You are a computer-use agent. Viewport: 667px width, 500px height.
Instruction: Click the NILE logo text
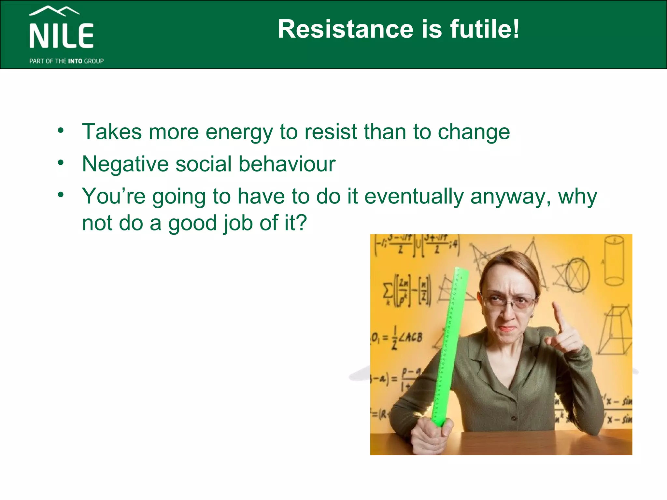(62, 35)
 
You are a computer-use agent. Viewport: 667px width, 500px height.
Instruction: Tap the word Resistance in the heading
(346, 29)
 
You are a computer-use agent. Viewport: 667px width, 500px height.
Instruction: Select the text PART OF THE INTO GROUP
(66, 61)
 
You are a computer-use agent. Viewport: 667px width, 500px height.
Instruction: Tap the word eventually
(414, 197)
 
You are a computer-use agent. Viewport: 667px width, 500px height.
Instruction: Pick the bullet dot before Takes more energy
(61, 131)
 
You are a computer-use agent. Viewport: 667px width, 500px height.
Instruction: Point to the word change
(474, 132)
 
